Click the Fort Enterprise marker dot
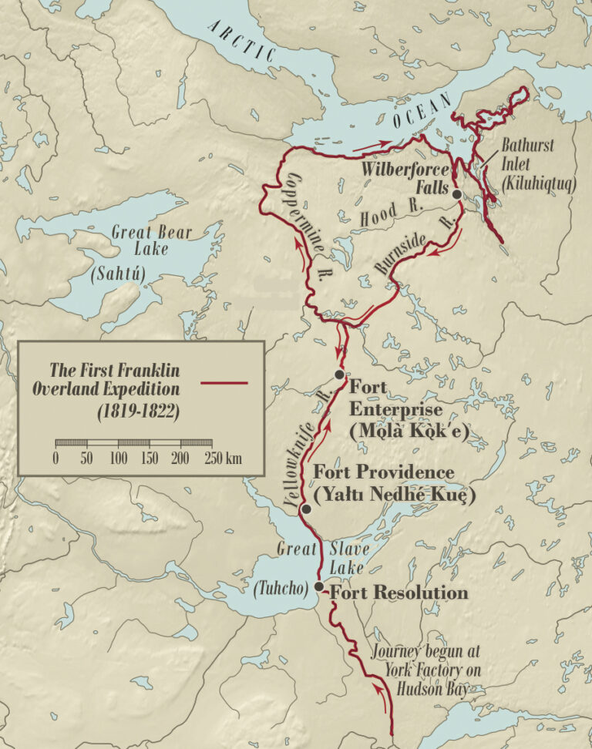[x=339, y=374]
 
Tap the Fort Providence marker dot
[x=306, y=509]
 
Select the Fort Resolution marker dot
[x=319, y=586]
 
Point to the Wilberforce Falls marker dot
[x=456, y=195]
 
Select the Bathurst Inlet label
[x=527, y=154]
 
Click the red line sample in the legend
[x=224, y=382]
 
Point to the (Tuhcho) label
[x=281, y=591]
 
